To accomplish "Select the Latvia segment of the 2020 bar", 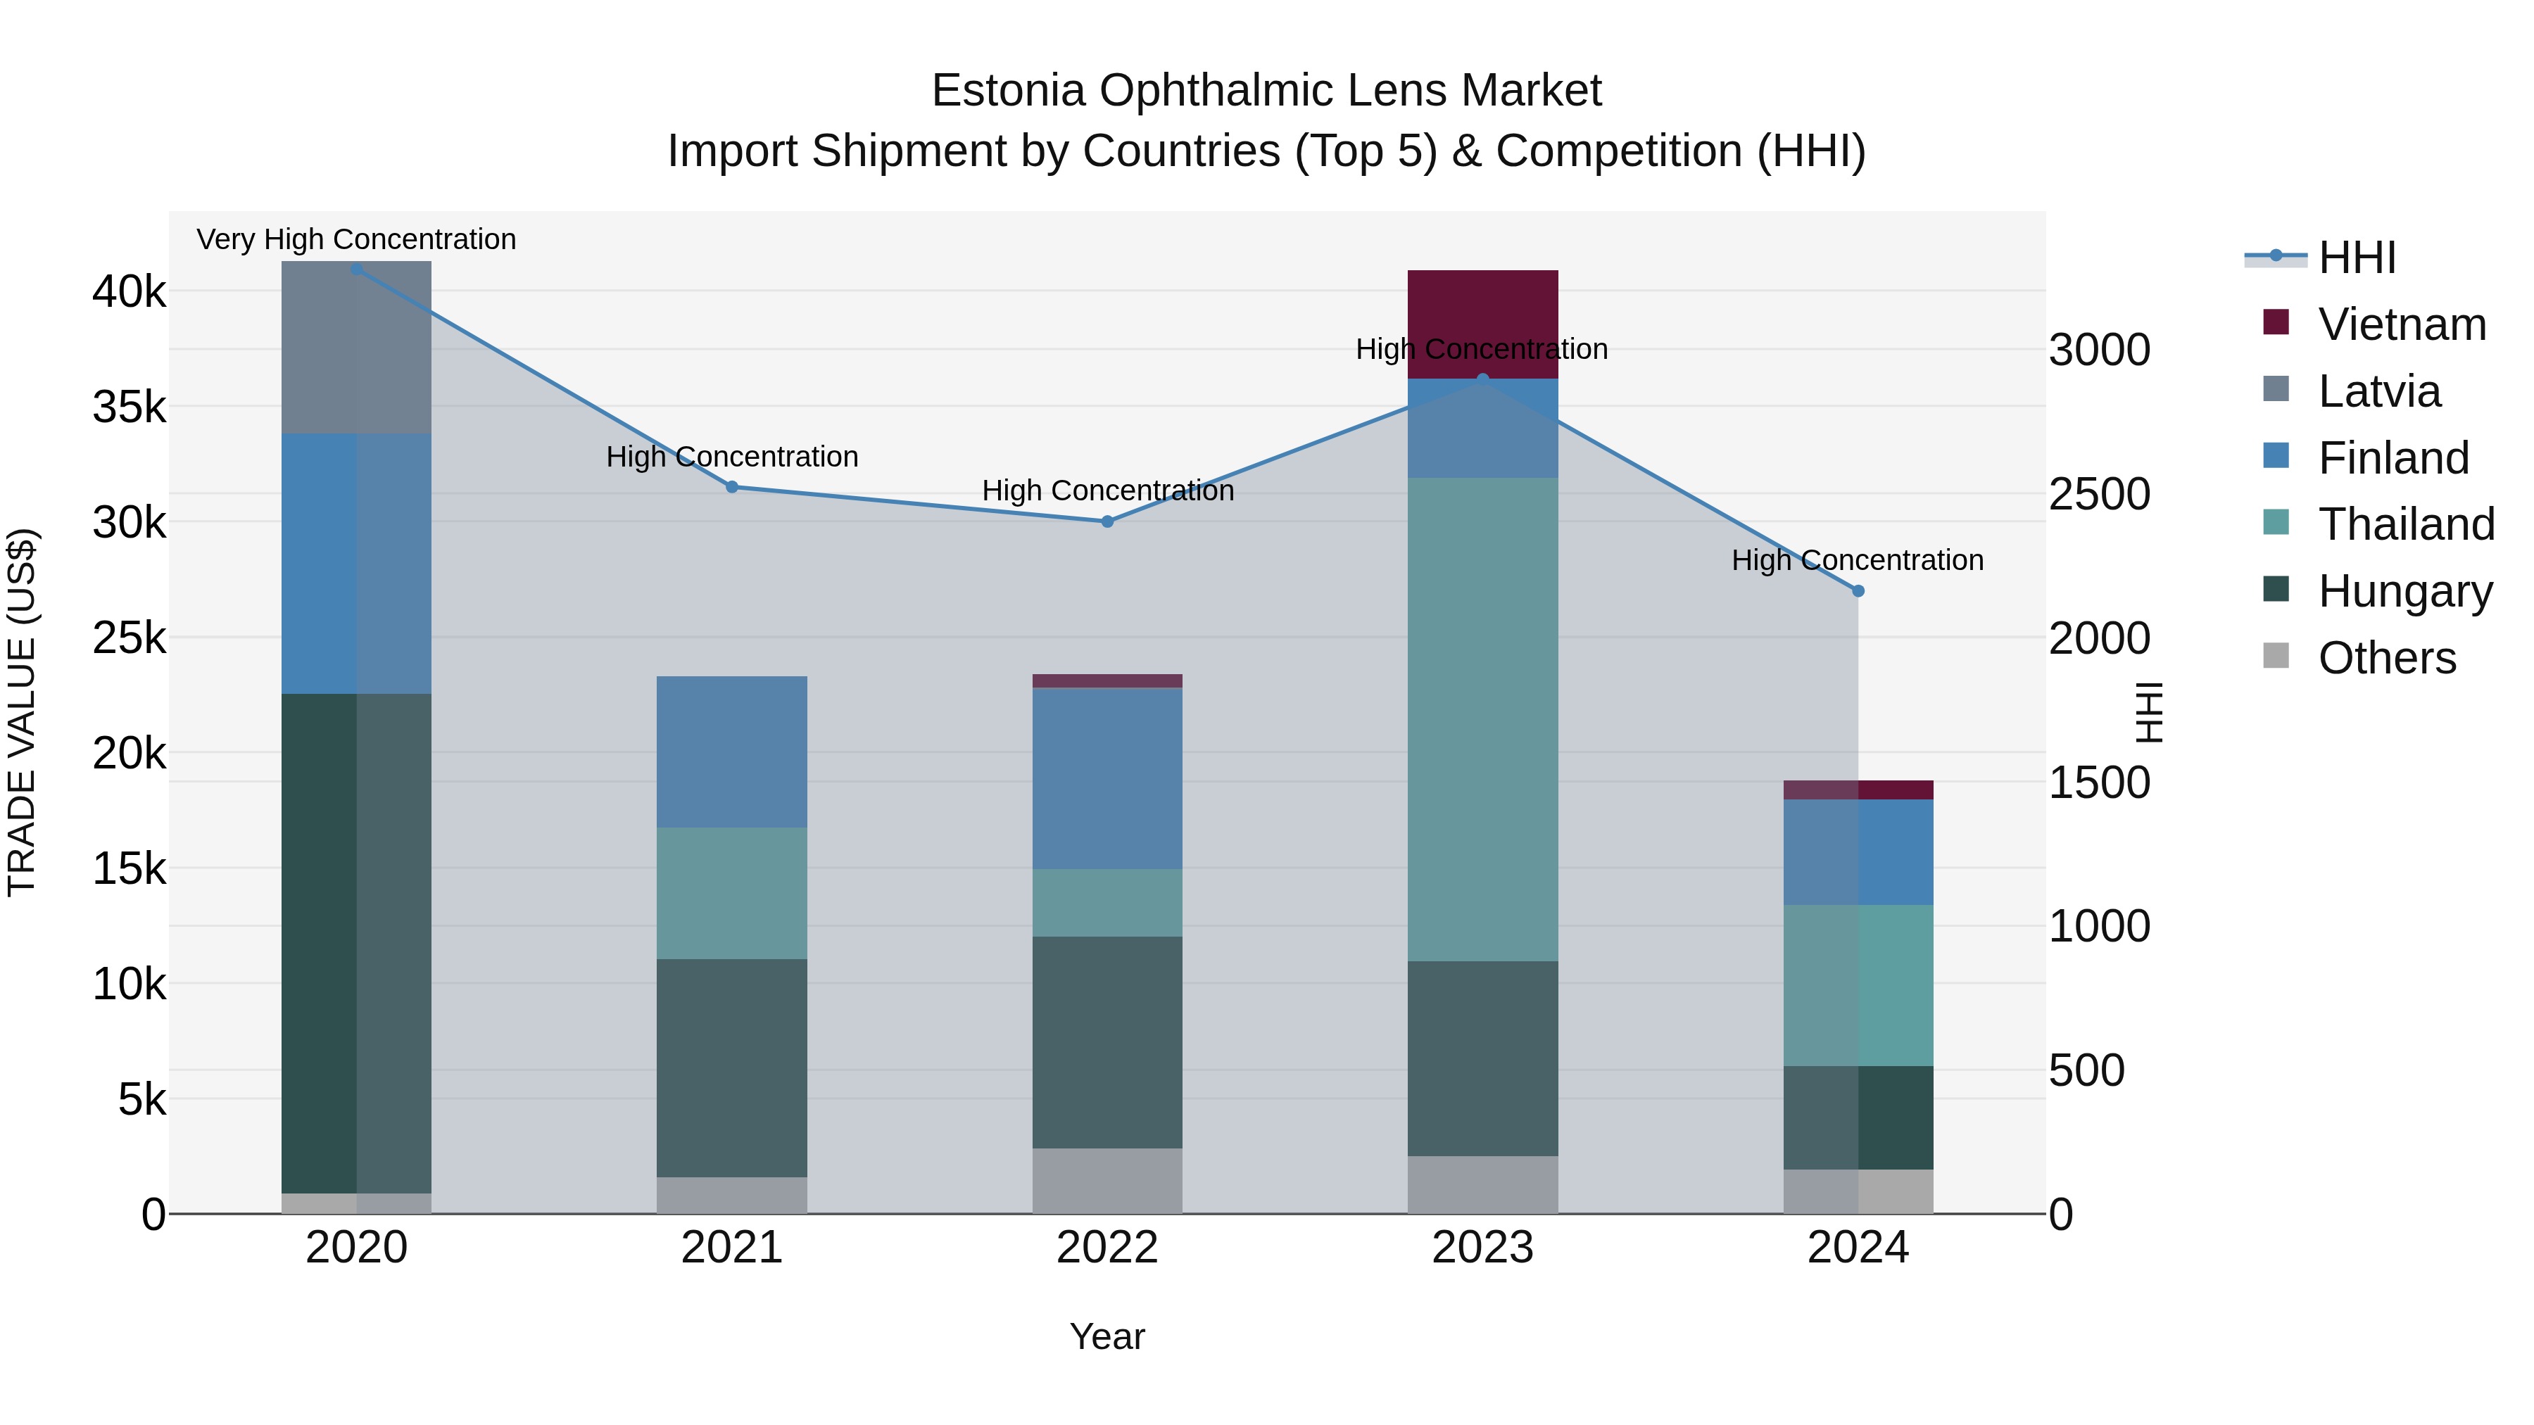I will [x=356, y=347].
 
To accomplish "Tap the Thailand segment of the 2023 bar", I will [x=1482, y=719].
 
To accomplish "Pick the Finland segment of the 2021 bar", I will [x=732, y=752].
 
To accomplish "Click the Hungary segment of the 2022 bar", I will [x=1107, y=1041].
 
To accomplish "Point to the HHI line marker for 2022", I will [x=1107, y=521].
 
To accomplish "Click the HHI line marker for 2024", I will [x=1858, y=591].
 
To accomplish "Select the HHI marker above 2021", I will [x=732, y=487].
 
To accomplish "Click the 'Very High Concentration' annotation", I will [x=356, y=239].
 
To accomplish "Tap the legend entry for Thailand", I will [x=2405, y=524].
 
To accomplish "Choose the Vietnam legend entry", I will [x=2401, y=324].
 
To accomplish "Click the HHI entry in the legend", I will [x=2356, y=258].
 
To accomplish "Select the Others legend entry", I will [x=2386, y=658].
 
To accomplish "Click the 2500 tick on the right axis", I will [x=2099, y=494].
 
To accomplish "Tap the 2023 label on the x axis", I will [x=1482, y=1248].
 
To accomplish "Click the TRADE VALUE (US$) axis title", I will [x=22, y=712].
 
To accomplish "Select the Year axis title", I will [x=1107, y=1336].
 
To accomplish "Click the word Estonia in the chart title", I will [x=1007, y=91].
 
